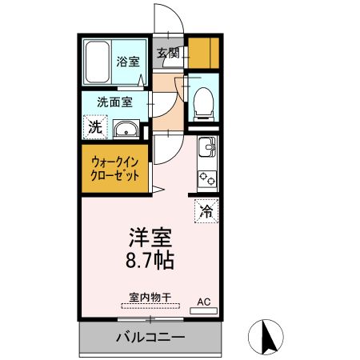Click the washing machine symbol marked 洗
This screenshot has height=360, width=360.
95,126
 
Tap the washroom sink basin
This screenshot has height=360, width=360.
126,130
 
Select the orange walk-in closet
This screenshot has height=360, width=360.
115,167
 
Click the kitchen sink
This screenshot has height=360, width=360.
206,147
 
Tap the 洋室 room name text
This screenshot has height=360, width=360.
150,238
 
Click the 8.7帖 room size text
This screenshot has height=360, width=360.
150,259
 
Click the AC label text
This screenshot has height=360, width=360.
204,302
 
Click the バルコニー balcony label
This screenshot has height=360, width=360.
150,337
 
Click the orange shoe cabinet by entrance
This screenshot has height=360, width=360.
203,51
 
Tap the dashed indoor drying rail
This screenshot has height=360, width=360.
150,306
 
